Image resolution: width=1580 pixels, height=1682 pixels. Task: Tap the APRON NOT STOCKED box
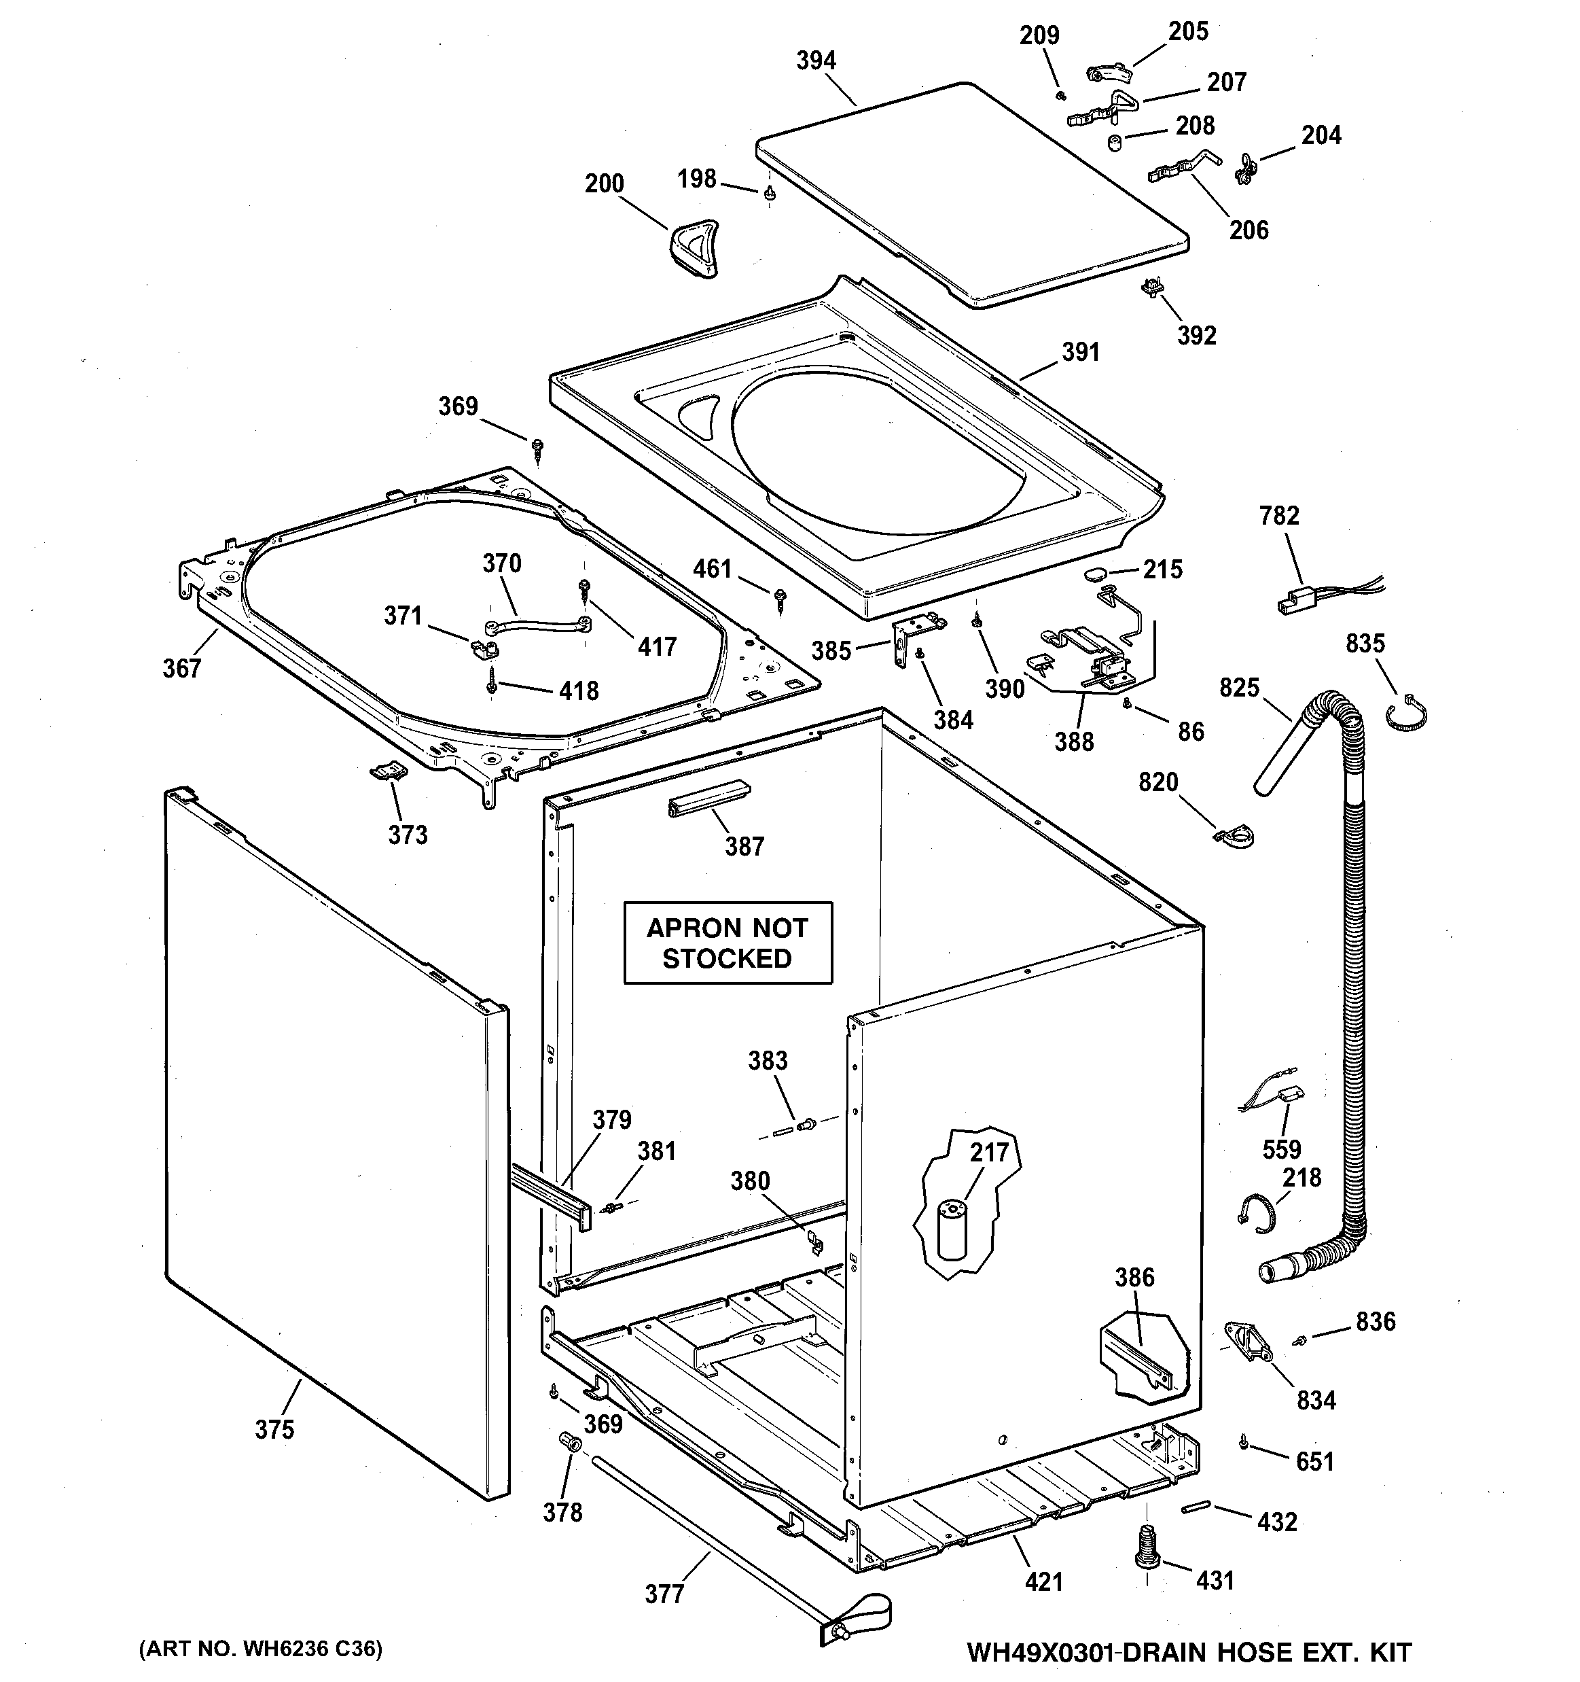tap(728, 943)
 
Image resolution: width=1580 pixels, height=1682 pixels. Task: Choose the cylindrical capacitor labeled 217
tap(952, 1229)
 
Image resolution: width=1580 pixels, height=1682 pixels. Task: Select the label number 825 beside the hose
tap(1239, 688)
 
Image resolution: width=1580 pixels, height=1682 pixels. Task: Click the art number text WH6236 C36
tap(261, 1648)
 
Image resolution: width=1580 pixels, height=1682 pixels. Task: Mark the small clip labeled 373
tap(389, 771)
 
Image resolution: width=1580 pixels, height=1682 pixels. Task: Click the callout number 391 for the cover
tap(1080, 352)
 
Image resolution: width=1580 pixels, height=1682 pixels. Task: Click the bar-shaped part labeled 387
tap(708, 797)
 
